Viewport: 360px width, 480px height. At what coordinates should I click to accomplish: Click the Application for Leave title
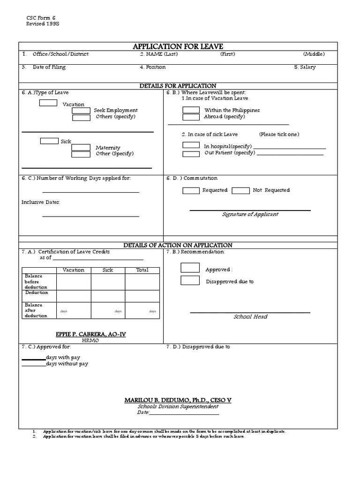pos(178,46)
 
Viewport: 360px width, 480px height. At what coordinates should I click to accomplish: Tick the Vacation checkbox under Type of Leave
pos(48,103)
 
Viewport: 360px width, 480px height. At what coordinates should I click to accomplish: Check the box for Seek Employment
pos(81,111)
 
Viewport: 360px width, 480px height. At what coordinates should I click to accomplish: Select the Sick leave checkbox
pos(49,141)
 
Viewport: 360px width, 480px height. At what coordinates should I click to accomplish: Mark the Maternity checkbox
pos(81,147)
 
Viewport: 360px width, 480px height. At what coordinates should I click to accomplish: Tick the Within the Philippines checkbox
pos(191,110)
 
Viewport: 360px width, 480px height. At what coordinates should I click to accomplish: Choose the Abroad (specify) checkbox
pos(191,117)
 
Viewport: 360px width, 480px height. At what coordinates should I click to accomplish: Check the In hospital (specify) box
pos(191,146)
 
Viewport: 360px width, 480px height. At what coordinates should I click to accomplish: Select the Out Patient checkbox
pos(191,153)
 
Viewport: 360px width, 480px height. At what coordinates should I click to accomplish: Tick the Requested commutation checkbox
pos(191,190)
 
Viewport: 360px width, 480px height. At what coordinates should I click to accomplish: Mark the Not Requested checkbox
pos(240,190)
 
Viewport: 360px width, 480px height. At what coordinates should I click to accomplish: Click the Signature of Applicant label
pos(250,214)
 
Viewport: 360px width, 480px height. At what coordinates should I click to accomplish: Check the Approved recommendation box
pos(190,268)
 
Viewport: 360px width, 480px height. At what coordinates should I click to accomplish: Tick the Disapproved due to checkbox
pos(190,281)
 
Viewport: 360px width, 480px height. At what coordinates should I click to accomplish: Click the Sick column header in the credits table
pos(108,270)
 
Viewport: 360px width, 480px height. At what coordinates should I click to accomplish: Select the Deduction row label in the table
pos(37,292)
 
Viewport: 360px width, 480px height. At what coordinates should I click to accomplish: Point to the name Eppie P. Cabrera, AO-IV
pos(91,334)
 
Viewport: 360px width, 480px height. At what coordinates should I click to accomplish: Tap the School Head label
pos(250,317)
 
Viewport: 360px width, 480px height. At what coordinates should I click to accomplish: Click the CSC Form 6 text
pos(41,17)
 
